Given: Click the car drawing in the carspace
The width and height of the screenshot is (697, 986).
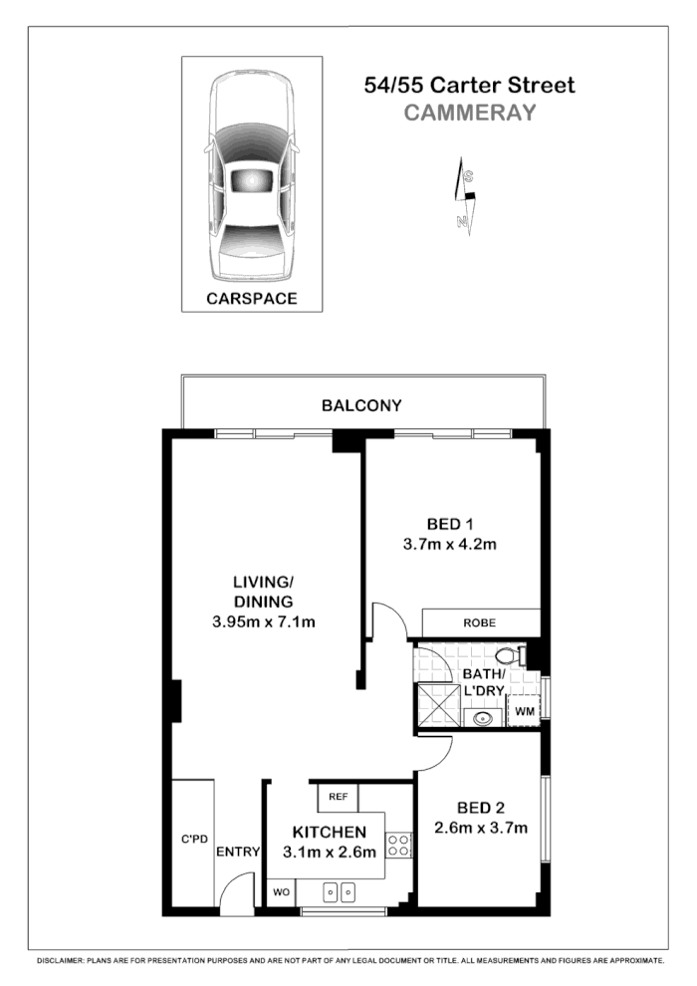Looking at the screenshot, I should coord(251,179).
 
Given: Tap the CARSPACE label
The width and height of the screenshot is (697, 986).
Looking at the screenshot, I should coord(251,298).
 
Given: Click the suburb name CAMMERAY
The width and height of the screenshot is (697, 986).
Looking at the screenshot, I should coord(470,113).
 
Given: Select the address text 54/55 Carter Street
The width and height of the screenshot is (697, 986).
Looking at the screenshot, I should coord(470,86).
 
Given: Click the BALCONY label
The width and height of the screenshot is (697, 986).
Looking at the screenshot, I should coord(361,405).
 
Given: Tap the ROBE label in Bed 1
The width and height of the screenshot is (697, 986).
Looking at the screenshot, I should coord(479,622).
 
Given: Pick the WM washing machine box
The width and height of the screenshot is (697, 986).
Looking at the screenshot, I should coord(524,712).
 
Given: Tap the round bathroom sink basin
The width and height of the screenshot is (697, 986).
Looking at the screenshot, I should coord(484,717).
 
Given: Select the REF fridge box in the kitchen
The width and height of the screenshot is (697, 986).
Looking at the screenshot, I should coord(338,797).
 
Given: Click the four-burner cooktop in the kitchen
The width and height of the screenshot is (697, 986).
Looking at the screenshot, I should coord(399,846).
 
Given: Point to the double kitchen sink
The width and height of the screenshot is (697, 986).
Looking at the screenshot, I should coord(340,892).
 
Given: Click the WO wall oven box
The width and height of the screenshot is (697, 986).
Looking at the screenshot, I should coord(281,892).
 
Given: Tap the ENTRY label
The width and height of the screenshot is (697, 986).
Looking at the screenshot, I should coord(238,852).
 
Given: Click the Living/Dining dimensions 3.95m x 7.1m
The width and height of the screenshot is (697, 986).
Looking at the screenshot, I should coord(264,622).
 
